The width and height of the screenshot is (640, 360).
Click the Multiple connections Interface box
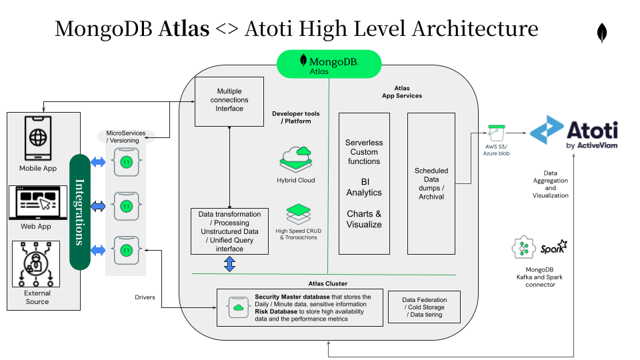(229, 101)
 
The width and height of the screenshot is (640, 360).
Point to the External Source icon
(37, 264)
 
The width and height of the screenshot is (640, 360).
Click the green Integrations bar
(79, 212)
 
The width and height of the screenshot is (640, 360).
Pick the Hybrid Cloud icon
(296, 159)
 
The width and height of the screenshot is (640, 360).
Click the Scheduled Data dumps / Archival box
(431, 183)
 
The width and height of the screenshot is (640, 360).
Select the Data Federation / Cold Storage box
(423, 307)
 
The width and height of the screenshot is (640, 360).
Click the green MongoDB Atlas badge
(329, 64)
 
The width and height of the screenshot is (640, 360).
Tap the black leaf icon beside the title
(602, 33)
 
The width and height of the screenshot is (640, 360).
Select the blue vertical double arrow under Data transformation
(230, 264)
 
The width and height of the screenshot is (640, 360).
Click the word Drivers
(145, 297)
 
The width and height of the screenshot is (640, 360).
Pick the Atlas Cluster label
(328, 283)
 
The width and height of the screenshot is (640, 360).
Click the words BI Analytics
(364, 187)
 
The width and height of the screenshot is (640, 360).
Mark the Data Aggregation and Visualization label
(551, 183)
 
